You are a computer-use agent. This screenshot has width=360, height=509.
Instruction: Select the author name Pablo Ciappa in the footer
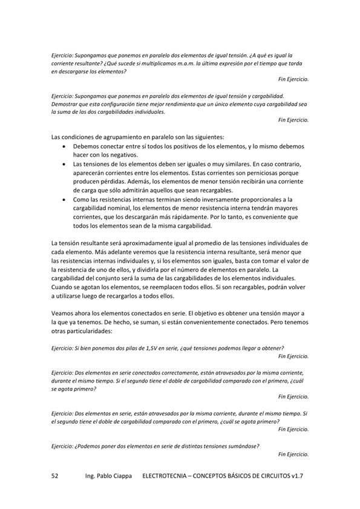pos(117,476)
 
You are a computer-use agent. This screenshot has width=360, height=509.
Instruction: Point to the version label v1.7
pos(295,476)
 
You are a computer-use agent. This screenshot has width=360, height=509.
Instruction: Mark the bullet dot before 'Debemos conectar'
pos(65,147)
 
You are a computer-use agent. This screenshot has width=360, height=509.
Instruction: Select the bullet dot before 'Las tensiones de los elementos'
pos(65,164)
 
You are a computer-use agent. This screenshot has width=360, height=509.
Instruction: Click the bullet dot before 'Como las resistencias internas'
pos(65,199)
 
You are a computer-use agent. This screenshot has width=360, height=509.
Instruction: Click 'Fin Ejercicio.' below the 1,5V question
pos(293,356)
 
